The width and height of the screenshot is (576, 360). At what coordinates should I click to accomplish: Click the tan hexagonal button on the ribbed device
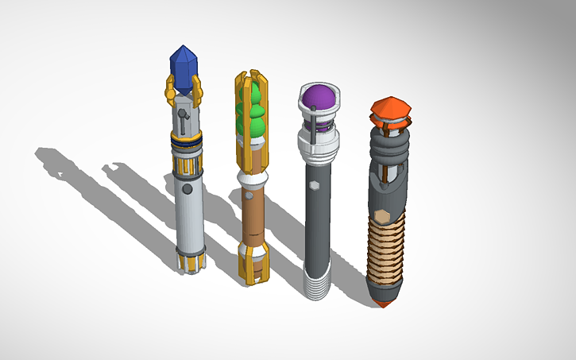382,215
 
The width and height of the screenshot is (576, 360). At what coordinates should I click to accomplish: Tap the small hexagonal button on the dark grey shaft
315,184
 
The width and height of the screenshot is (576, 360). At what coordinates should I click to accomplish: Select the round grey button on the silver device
187,190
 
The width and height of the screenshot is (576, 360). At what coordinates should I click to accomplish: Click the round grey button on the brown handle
248,193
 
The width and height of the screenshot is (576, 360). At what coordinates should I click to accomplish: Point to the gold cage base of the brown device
253,263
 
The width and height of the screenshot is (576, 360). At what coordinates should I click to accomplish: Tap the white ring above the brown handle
253,173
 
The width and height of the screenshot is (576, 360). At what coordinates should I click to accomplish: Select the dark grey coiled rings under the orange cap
387,147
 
